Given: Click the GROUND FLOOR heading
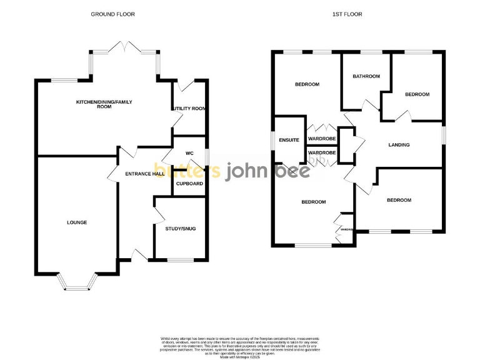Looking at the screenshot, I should tap(112, 14).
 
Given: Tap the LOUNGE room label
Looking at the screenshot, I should tap(77, 222).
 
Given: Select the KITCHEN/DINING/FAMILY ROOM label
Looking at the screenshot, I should tap(104, 104).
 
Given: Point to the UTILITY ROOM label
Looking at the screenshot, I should tap(190, 109).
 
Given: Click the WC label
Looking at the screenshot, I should tap(190, 153).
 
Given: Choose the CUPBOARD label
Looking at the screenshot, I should tap(189, 184).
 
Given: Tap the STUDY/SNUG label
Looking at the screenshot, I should tap(181, 229).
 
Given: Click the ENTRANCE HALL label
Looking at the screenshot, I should tap(144, 174).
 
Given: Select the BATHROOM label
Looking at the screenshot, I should tap(366, 76).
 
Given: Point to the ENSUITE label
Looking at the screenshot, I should tap(289, 139).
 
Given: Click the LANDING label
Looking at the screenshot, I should tap(399, 145).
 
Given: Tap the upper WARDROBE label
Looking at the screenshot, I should tap(322, 138).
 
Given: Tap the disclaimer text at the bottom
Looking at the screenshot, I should tap(239, 345).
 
